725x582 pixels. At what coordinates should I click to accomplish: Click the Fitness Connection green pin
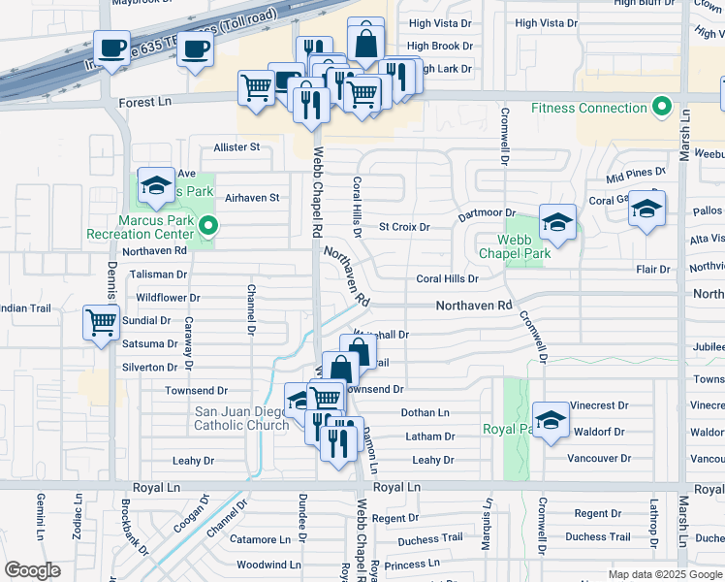(663, 107)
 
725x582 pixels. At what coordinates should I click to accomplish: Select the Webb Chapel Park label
(515, 246)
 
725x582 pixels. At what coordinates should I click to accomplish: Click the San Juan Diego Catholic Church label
(241, 418)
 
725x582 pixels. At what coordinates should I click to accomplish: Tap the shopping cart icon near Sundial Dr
(101, 321)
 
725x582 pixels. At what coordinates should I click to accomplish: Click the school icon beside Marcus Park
(155, 185)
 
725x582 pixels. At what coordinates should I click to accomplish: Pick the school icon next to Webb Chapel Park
(557, 222)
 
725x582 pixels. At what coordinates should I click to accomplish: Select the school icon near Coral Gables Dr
(646, 208)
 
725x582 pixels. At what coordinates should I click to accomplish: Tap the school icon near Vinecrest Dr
(550, 420)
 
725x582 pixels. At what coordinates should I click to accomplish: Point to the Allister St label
(237, 147)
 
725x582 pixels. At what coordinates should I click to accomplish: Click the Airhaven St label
(252, 197)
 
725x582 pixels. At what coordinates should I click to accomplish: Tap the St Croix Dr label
(404, 227)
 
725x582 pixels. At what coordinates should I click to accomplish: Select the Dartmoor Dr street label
(487, 212)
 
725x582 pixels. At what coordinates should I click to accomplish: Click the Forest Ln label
(144, 102)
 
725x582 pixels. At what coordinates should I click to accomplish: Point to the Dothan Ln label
(426, 413)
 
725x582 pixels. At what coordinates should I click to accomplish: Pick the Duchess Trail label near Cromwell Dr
(598, 536)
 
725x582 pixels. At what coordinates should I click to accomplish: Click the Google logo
(32, 570)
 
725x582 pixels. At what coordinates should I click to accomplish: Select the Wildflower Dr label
(168, 298)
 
